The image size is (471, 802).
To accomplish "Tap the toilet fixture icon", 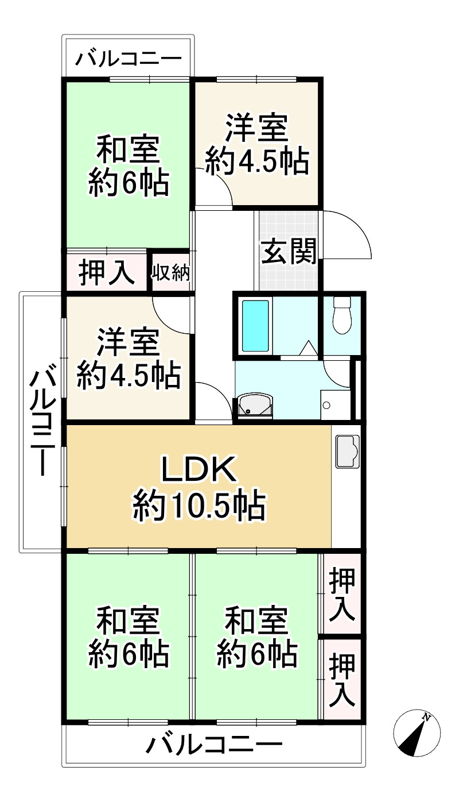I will pyautogui.click(x=342, y=315).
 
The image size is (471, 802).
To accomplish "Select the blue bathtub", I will pyautogui.click(x=255, y=326).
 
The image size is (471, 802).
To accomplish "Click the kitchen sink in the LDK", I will pyautogui.click(x=347, y=451).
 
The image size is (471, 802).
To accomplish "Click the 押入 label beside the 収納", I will pyautogui.click(x=107, y=272).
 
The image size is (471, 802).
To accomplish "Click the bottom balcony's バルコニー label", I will pyautogui.click(x=213, y=746).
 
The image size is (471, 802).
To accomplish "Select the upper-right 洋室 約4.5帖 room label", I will pyautogui.click(x=256, y=145).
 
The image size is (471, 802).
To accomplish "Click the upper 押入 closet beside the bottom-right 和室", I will pyautogui.click(x=342, y=593).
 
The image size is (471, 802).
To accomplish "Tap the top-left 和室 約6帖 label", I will pyautogui.click(x=127, y=167).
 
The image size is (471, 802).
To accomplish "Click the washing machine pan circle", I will pyautogui.click(x=326, y=405).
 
